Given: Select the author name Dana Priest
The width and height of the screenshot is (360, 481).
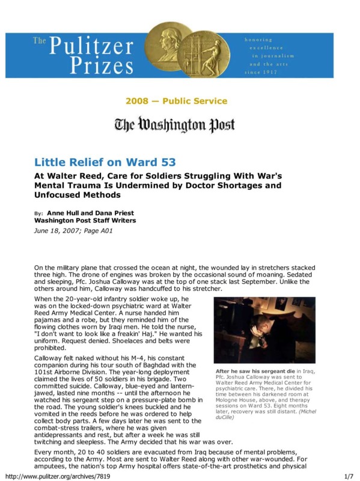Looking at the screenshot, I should (x=113, y=213).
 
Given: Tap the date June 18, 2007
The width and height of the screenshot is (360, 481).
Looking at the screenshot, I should (x=58, y=229).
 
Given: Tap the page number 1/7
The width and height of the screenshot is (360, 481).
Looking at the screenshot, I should (x=347, y=475).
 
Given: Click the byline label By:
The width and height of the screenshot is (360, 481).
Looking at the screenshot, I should (x=38, y=214).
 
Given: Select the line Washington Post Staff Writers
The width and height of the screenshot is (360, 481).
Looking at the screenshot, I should (x=79, y=221).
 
